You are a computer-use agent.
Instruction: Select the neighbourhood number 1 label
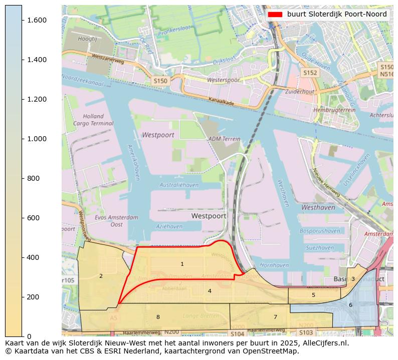point(182,264)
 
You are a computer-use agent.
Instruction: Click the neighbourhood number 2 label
point(101,276)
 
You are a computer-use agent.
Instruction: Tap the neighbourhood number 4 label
point(210,291)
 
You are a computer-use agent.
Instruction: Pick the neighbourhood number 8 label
point(158,317)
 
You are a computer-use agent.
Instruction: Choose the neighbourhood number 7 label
point(275,317)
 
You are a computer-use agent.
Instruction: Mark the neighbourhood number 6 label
point(350,305)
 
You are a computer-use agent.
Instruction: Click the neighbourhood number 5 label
point(313,295)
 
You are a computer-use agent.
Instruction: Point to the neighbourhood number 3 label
point(353,279)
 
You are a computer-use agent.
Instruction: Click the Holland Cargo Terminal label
point(93,120)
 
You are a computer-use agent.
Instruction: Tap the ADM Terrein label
point(221,139)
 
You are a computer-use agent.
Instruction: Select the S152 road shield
point(310,73)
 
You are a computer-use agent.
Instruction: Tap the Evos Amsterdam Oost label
point(116,221)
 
